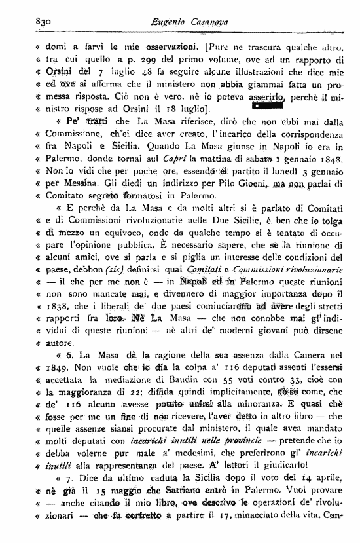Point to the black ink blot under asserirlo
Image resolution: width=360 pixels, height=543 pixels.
(x=264, y=104)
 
